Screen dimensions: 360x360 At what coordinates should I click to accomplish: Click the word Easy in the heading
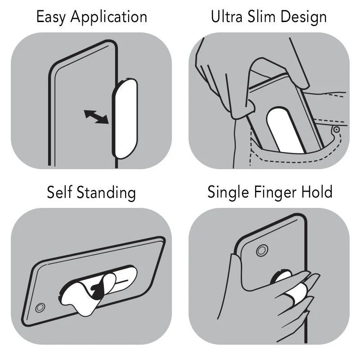coord(51,18)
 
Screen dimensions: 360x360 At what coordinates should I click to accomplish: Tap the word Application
coord(109,18)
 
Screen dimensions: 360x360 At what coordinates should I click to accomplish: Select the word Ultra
coord(227,17)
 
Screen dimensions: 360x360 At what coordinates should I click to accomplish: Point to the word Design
coord(303,18)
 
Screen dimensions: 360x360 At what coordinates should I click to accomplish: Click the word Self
coord(60,192)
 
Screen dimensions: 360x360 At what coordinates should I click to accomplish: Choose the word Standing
coord(106,193)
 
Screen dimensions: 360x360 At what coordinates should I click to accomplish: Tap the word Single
coord(228,193)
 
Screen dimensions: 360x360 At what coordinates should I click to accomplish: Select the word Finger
coord(275,193)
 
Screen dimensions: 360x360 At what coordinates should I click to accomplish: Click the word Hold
coord(317,192)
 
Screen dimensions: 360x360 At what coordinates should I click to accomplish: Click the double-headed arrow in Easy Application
coord(96,117)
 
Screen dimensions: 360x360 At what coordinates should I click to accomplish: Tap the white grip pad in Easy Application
coord(125,119)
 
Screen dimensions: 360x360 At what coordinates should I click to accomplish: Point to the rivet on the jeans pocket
coord(336,130)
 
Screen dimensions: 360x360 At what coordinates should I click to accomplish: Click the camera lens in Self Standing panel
coord(40,308)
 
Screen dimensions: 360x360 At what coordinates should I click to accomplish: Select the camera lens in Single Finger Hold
coord(262,251)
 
